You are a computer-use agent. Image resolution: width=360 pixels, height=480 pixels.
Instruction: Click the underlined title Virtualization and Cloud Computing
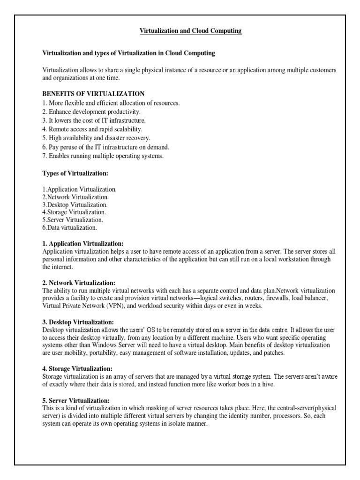pos(190,31)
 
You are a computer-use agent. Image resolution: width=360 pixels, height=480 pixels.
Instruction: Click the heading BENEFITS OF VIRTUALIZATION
pos(93,94)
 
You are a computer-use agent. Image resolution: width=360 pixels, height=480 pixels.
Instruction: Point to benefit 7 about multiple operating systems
pos(103,156)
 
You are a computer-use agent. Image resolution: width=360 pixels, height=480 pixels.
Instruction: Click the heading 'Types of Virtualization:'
pos(75,173)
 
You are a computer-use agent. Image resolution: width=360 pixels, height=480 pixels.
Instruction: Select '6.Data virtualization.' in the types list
pos(70,228)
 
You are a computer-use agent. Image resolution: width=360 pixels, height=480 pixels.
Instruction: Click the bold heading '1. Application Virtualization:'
pos(83,244)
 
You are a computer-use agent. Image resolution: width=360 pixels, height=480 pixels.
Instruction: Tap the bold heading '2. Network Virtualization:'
pos(78,283)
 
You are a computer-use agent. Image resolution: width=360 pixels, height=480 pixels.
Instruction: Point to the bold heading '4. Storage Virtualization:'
pos(77,369)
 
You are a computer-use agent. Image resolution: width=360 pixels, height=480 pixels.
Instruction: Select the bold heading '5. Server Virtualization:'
pos(76,401)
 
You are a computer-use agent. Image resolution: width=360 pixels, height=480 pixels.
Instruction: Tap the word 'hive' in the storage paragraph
pos(275,384)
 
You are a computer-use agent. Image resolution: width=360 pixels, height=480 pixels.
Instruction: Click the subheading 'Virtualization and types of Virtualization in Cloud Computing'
pos(129,53)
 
